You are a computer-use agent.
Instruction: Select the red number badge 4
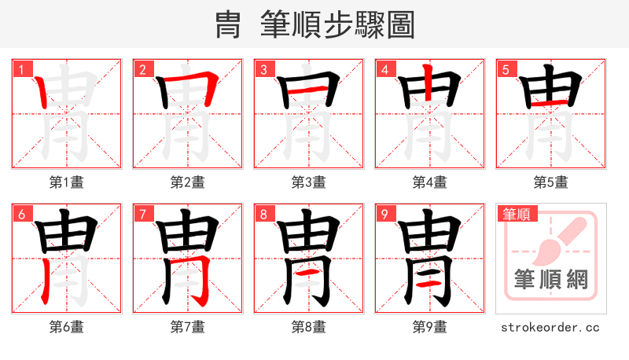385,69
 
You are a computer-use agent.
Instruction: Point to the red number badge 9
385,214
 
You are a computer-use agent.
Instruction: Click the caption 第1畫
66,182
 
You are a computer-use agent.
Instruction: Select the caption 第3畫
308,182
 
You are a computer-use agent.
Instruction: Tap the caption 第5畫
550,182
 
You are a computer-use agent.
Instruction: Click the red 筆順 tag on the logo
517,214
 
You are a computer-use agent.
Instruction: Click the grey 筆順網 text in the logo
550,280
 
